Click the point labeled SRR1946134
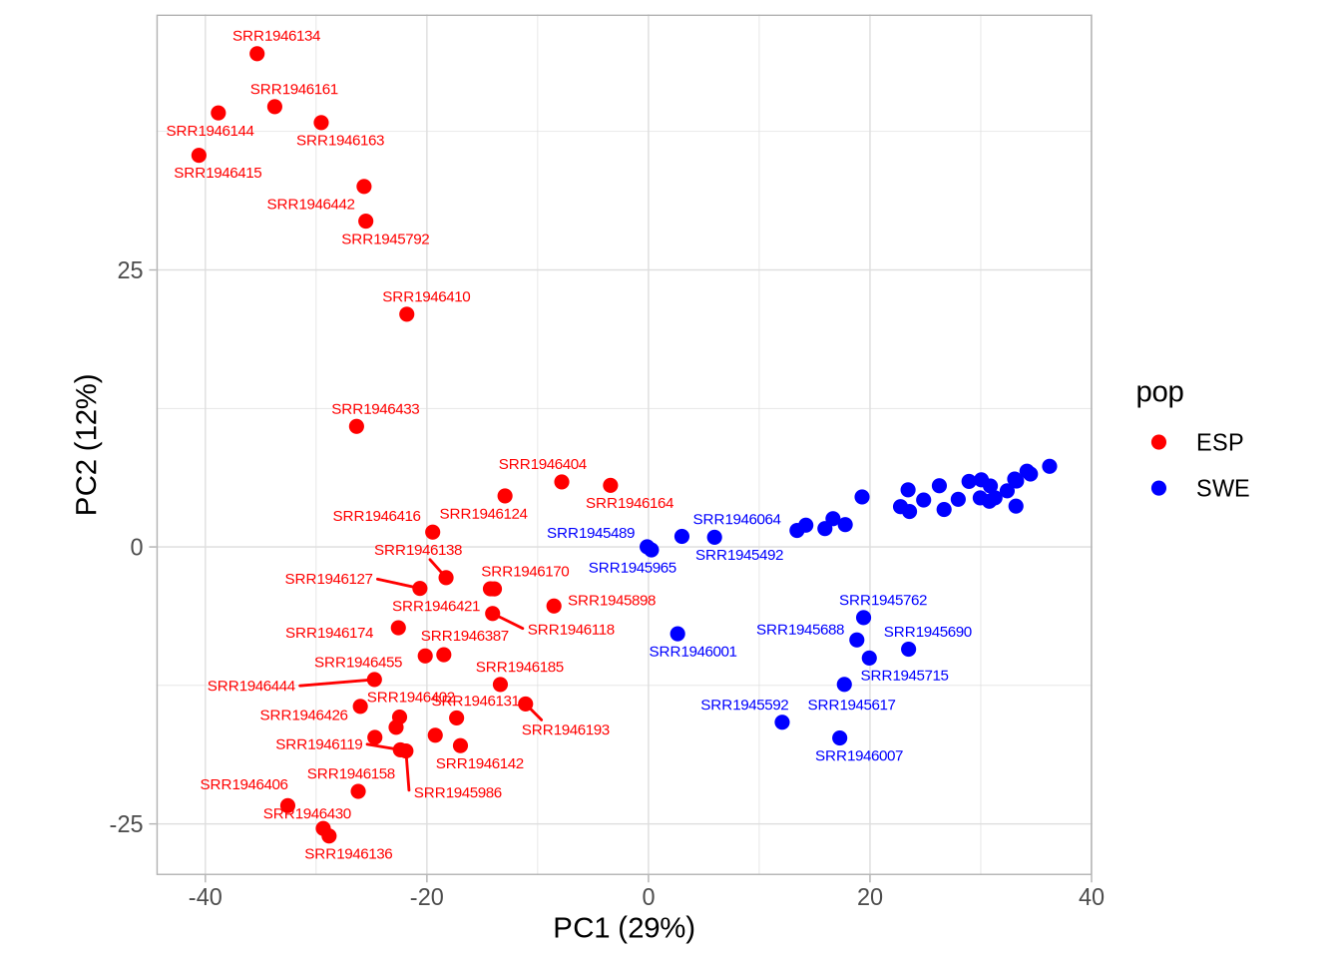pyautogui.click(x=256, y=54)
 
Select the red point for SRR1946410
pyautogui.click(x=406, y=314)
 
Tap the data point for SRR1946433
pyautogui.click(x=356, y=427)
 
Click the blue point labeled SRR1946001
pyautogui.click(x=677, y=634)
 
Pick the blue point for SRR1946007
pyautogui.click(x=839, y=738)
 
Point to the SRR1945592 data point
pyautogui.click(x=782, y=722)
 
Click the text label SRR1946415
pyautogui.click(x=218, y=173)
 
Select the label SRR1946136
pyautogui.click(x=348, y=854)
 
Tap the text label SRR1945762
pyautogui.click(x=882, y=600)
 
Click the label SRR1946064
pyautogui.click(x=736, y=519)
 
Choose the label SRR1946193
pyautogui.click(x=565, y=729)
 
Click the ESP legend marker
pyautogui.click(x=1158, y=442)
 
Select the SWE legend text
pyautogui.click(x=1222, y=488)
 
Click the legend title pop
pyautogui.click(x=1159, y=392)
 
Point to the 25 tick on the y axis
pyautogui.click(x=130, y=270)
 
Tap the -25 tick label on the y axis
pyautogui.click(x=126, y=824)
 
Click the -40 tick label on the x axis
pyautogui.click(x=206, y=897)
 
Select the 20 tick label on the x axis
pyautogui.click(x=870, y=897)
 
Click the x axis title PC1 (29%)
pyautogui.click(x=624, y=928)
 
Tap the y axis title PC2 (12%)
pyautogui.click(x=87, y=445)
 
